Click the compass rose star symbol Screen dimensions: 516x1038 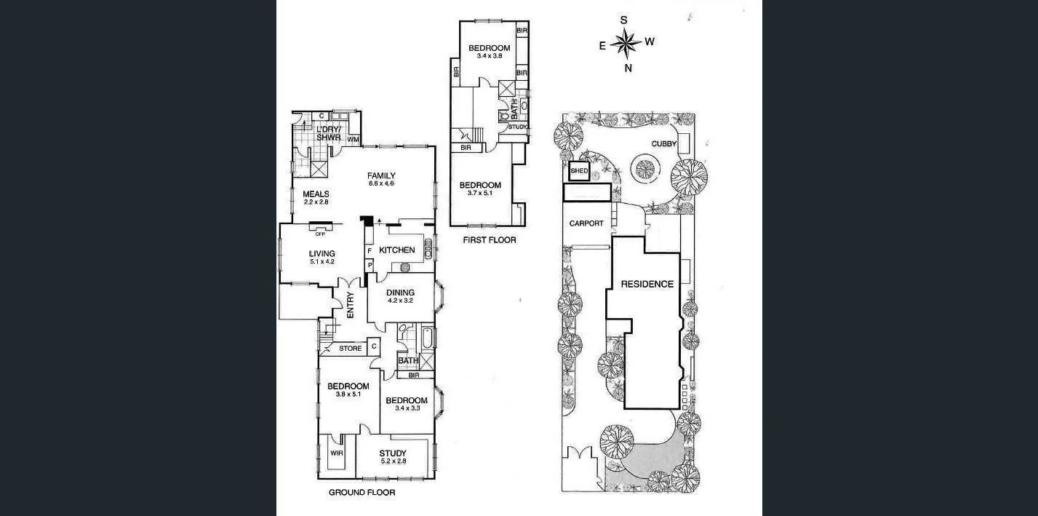pos(626,44)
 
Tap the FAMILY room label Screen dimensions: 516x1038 pos(380,175)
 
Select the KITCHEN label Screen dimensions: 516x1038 pos(397,250)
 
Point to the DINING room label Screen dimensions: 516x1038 pos(400,293)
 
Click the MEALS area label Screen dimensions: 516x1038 pos(316,194)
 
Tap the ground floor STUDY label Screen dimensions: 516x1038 pos(393,453)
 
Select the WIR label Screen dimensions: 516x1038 pos(336,453)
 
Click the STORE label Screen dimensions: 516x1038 pos(351,349)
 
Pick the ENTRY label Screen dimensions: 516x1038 pos(350,305)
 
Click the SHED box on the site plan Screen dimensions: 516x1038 pos(579,171)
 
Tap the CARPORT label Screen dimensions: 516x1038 pos(586,223)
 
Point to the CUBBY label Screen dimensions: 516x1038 pos(663,144)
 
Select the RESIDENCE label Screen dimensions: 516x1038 pos(647,284)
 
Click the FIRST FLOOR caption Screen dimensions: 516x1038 pos(489,239)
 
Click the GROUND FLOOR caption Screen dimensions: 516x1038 pos(362,493)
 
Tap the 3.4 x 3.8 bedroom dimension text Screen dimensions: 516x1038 pos(489,56)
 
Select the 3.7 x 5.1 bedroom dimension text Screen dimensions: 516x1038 pos(480,194)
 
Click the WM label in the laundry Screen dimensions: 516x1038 pos(353,139)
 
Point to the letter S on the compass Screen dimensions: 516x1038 pos(623,20)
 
